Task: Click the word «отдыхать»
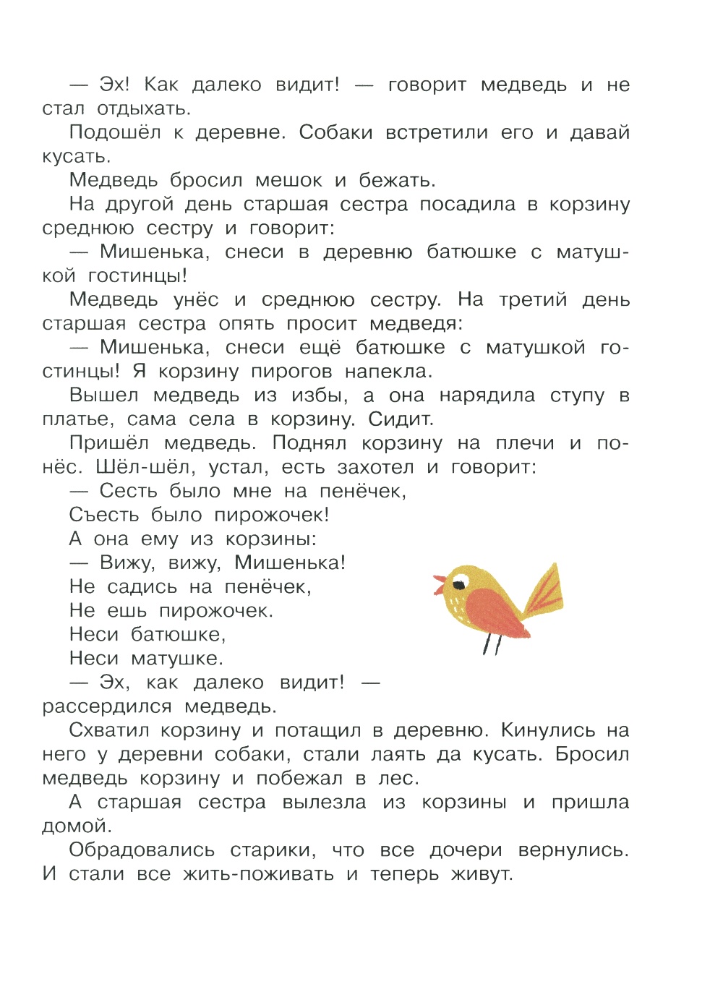click(144, 109)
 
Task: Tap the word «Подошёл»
click(115, 132)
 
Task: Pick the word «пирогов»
click(291, 372)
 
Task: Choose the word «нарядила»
click(487, 395)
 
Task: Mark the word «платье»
click(77, 419)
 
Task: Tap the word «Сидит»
click(401, 419)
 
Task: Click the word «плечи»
click(526, 443)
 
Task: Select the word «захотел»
click(376, 467)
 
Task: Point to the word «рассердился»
click(107, 706)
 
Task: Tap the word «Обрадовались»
click(142, 850)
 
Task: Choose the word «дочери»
click(466, 850)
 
